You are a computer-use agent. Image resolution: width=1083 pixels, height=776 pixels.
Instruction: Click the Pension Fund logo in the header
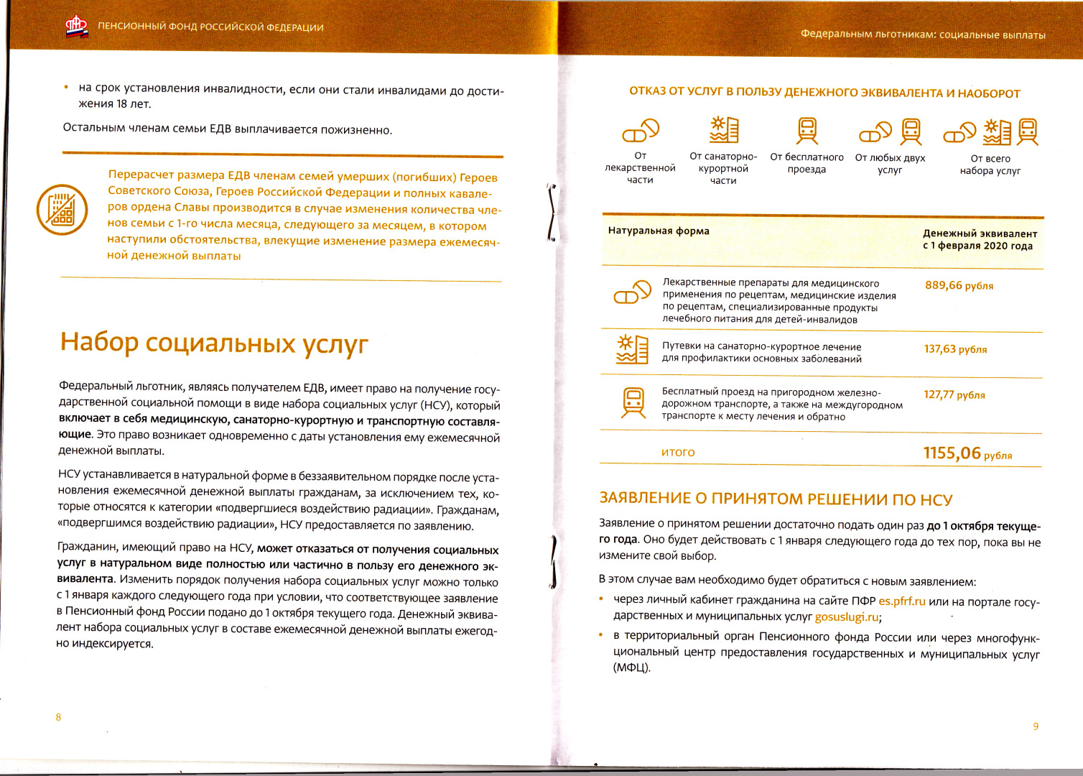(77, 27)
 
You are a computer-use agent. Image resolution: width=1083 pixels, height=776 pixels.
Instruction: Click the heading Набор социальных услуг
(213, 343)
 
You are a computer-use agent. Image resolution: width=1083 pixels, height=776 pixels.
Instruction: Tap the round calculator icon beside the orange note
(62, 209)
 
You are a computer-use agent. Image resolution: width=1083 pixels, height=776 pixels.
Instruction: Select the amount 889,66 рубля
(959, 285)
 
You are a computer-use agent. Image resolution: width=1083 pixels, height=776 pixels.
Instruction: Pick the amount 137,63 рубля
(955, 349)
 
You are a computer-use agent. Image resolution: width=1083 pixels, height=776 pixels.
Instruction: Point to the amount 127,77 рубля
(954, 394)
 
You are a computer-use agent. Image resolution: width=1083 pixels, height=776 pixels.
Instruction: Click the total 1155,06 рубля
(967, 453)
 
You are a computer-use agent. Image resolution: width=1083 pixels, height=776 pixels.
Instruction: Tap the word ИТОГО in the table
(678, 453)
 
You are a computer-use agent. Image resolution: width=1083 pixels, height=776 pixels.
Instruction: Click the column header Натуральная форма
(659, 231)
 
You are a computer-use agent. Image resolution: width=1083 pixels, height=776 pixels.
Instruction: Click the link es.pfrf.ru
(902, 601)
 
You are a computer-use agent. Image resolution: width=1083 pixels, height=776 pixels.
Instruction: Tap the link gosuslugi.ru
(847, 616)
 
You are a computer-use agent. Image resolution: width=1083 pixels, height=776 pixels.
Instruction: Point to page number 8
(58, 717)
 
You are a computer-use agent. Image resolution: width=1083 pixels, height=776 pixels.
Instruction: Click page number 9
(1036, 726)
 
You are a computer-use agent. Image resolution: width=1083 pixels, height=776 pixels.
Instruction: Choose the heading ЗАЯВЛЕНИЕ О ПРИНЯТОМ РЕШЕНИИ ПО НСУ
(776, 499)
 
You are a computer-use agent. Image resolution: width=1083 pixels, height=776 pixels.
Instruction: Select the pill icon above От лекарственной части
(640, 131)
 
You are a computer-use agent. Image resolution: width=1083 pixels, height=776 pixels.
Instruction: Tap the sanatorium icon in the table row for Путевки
(633, 348)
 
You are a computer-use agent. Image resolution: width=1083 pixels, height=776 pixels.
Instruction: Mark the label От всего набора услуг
(990, 165)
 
